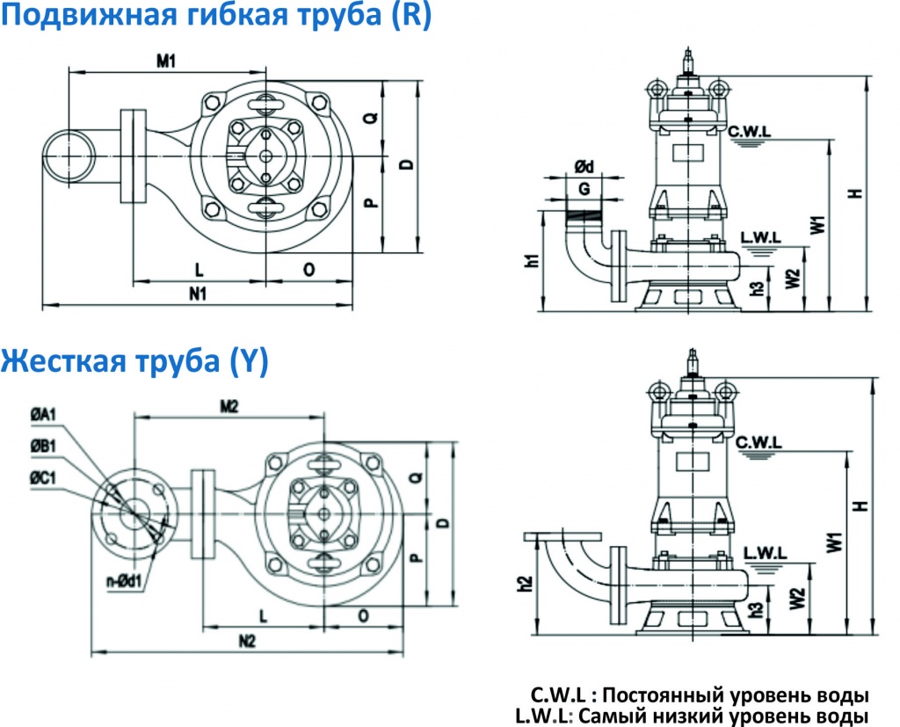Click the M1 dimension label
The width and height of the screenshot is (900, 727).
tap(167, 61)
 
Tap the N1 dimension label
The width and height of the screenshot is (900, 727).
tap(197, 294)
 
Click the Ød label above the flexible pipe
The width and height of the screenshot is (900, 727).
tap(584, 167)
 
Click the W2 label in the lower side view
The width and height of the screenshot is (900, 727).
tap(796, 599)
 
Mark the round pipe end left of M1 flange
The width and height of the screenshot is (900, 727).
tap(68, 156)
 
